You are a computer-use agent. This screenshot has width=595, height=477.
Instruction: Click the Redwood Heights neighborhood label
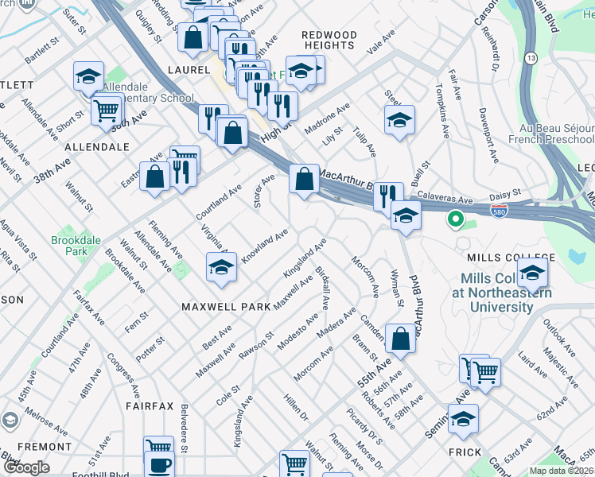point(329,40)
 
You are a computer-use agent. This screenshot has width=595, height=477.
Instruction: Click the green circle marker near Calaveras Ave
point(455,218)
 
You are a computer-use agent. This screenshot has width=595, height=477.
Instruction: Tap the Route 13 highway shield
point(531,59)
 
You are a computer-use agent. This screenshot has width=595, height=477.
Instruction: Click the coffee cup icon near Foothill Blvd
point(159,465)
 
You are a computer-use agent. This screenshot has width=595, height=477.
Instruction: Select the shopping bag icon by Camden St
point(401,338)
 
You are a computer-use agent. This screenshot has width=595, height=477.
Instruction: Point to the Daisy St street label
point(505,192)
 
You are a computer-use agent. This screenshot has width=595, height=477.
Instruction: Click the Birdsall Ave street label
point(325,287)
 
